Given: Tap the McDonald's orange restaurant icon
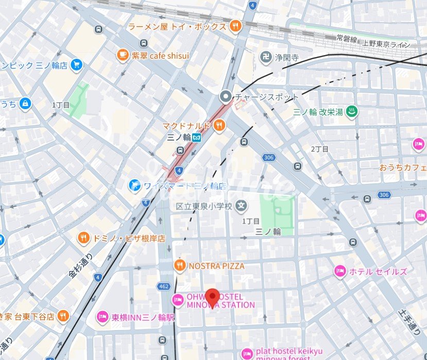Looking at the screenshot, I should pos(219,125).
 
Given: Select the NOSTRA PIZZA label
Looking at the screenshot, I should pos(216,266).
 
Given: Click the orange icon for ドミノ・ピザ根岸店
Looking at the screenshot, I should pos(83,238).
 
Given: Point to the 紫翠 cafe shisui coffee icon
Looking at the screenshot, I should pos(123,55).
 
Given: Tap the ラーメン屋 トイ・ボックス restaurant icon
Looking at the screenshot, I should pos(235,26).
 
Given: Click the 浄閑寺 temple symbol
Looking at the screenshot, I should pos(266,57).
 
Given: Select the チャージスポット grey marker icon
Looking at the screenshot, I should pos(225,96).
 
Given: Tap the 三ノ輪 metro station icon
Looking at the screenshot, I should pos(197,138).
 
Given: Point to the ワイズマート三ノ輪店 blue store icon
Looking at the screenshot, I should pos(134,185).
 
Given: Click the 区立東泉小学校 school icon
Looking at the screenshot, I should pos(241,207).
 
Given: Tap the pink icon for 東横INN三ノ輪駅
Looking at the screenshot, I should pos(102,317).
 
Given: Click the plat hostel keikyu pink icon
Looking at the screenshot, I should pos(248,353).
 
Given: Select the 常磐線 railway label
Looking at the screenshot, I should pos(347,38).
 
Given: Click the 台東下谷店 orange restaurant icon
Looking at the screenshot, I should pos(63,316).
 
